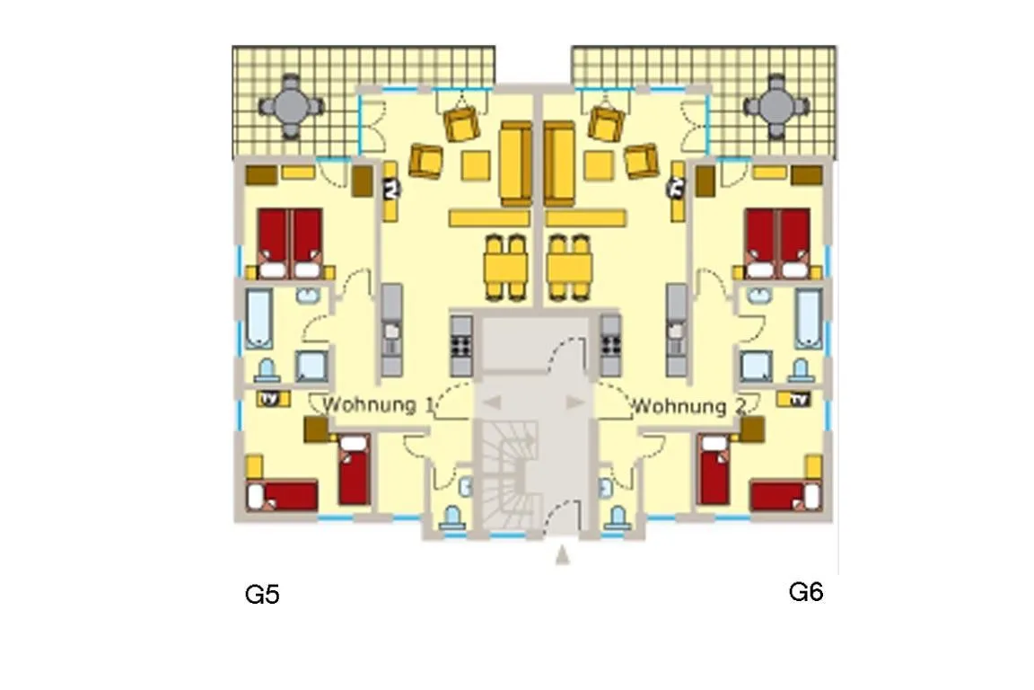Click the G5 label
262,594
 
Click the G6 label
806,591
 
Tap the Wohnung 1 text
379,405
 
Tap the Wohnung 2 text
688,405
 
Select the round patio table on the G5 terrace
291,106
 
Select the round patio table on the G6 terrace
776,106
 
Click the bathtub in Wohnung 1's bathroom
258,318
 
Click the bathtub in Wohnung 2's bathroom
809,318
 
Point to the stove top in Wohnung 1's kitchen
461,345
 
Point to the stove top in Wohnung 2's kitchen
610,345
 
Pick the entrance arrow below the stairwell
562,555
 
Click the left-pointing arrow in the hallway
492,402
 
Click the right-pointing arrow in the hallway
575,402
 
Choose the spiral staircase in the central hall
508,475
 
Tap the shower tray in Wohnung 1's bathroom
311,367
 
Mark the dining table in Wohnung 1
506,268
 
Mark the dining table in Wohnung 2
569,268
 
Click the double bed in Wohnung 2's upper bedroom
777,243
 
